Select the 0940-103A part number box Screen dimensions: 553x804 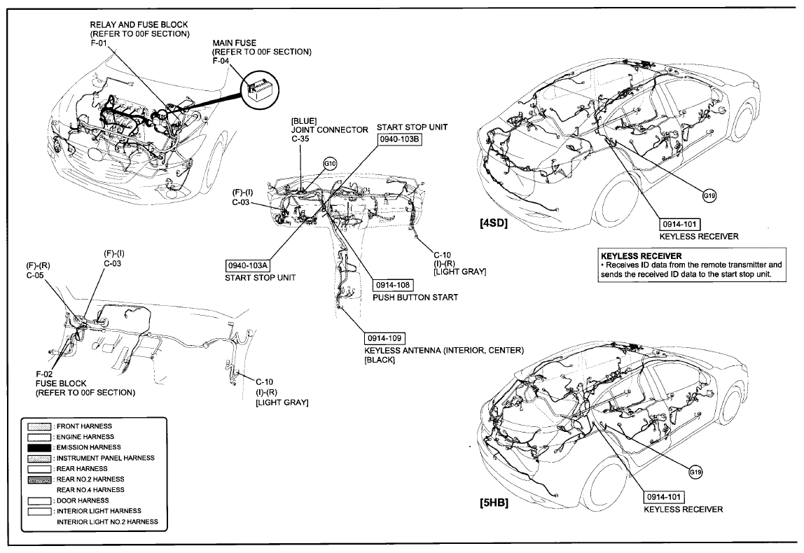[248, 265]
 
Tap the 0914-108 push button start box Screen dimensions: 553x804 [393, 285]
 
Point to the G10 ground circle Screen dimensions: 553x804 [330, 164]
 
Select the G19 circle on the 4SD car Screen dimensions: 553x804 [709, 196]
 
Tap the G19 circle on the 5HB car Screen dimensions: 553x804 [695, 472]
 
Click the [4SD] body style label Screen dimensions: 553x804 [494, 225]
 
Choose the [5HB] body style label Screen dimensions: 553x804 [494, 503]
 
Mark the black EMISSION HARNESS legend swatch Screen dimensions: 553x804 [39, 447]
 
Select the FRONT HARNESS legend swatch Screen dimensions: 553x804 [39, 426]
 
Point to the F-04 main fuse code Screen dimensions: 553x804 [221, 62]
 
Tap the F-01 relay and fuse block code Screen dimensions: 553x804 [99, 43]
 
